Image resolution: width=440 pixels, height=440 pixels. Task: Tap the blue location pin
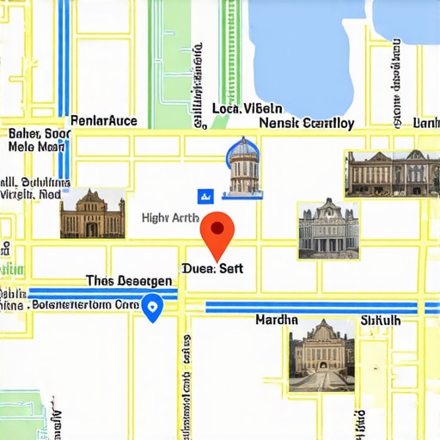click(152, 307)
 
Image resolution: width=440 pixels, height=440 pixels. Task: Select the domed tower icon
click(243, 166)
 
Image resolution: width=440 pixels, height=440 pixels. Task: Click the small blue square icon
click(205, 195)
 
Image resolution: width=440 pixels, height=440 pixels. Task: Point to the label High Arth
click(171, 218)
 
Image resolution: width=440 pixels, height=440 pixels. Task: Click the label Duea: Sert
click(213, 268)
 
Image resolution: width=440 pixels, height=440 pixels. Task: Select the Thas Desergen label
click(129, 281)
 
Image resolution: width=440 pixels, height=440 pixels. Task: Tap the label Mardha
click(277, 320)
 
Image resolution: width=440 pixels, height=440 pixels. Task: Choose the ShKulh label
click(381, 320)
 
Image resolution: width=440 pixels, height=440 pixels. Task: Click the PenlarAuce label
click(103, 121)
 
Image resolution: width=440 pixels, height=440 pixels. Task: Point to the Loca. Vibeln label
click(247, 109)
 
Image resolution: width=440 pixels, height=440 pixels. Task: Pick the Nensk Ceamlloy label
click(307, 123)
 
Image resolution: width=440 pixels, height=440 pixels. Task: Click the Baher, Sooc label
click(39, 134)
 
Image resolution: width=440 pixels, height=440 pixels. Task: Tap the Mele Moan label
click(36, 147)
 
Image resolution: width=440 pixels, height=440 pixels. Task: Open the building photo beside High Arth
click(92, 213)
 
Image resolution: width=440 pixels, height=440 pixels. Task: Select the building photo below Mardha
click(322, 355)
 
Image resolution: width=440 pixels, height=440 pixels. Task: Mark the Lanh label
click(427, 124)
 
